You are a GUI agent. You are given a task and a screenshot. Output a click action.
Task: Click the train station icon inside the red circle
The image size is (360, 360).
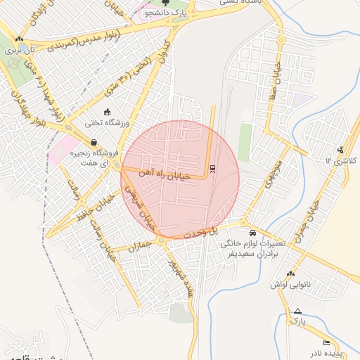pos(212,168)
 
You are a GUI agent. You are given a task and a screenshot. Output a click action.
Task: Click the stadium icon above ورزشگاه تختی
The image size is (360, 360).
pos(107,112)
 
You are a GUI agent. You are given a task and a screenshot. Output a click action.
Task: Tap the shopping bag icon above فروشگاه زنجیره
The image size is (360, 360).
pos(94,143)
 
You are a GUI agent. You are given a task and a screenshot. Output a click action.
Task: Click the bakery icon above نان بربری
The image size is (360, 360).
pos(20,39)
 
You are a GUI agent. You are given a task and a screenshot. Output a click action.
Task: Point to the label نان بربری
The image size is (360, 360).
pos(19,51)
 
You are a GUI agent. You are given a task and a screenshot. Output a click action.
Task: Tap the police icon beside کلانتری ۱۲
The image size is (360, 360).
pos(341,149)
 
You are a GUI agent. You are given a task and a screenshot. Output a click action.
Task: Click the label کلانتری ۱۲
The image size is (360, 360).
pos(341,161)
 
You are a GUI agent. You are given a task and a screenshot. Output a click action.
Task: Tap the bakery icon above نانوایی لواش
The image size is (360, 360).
pos(291,274)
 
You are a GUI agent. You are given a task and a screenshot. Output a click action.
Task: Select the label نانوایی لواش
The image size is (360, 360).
pos(290,285)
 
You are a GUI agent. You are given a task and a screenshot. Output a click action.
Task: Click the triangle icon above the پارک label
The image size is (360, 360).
pos(298,311)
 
